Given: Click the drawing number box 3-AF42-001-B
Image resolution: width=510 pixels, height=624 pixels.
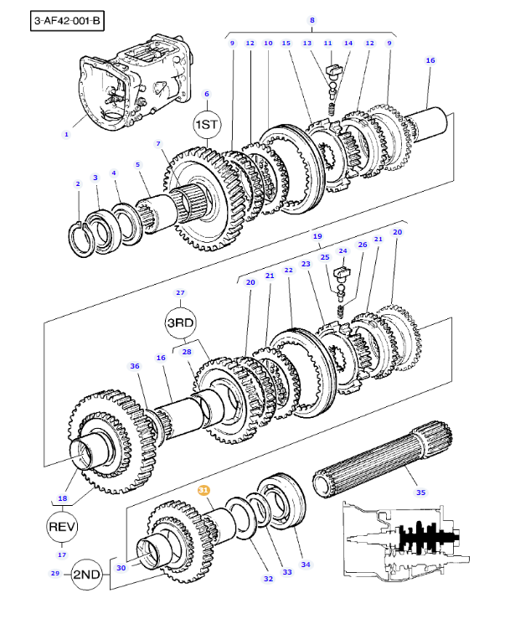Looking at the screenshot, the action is click(67, 21).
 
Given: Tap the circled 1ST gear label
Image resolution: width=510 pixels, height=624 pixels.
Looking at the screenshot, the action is click(207, 125).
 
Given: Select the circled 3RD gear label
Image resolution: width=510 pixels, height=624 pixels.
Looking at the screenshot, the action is click(181, 322).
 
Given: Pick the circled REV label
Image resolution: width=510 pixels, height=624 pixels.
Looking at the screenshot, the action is click(62, 527).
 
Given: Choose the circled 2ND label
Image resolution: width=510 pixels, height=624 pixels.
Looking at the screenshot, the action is click(87, 575).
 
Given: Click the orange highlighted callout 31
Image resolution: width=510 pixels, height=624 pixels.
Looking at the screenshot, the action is click(203, 490).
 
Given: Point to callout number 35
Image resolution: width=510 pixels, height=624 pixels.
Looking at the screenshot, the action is click(421, 492).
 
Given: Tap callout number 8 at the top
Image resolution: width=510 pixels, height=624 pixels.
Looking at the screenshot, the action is click(312, 20).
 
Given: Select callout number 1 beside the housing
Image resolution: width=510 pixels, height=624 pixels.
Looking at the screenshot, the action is click(66, 135).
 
